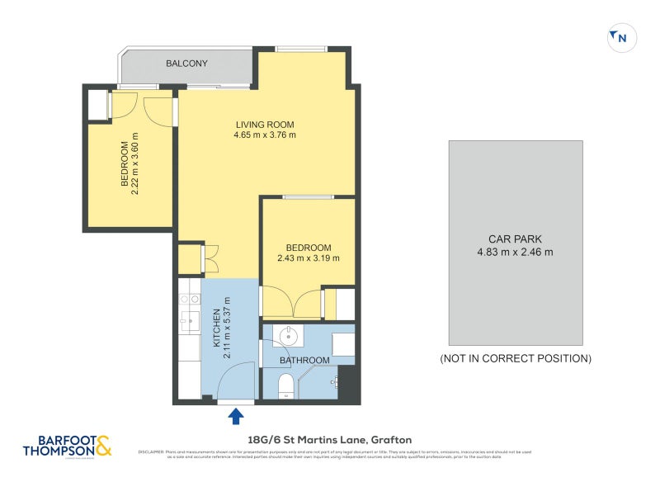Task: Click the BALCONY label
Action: point(186,64)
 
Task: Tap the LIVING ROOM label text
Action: point(264,125)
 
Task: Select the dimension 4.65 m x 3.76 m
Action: point(264,135)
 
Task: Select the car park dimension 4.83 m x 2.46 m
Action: point(515,253)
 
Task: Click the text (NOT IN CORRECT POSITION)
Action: point(515,359)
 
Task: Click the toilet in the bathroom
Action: point(285,386)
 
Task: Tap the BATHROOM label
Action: point(304,361)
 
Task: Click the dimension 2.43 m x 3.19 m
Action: point(309,258)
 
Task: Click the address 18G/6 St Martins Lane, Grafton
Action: point(318,440)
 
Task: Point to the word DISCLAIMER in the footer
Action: point(152,452)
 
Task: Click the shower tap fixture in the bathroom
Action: point(336,382)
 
